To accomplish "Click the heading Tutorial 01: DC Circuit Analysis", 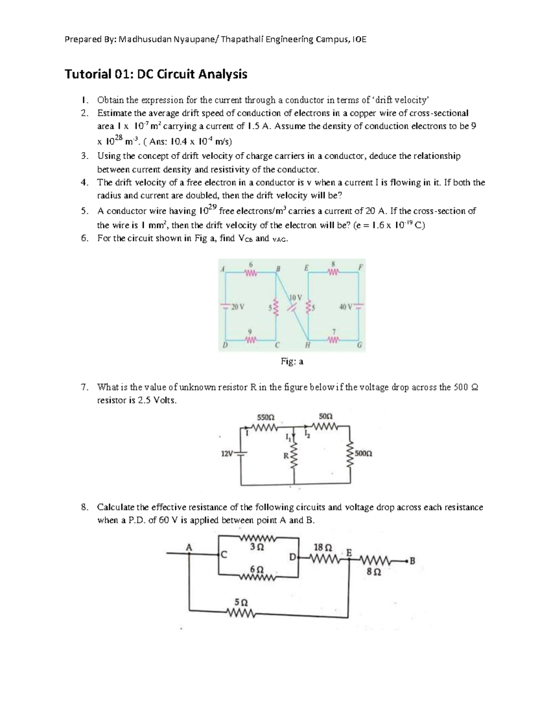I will tap(156, 74).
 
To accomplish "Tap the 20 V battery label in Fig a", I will tap(238, 307).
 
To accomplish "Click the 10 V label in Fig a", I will tap(295, 297).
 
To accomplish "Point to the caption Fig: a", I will tap(292, 361).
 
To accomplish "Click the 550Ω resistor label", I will tap(265, 417).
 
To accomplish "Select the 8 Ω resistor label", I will tap(374, 573).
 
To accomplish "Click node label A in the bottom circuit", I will tap(188, 546).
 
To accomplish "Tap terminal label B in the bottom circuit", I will tap(412, 561).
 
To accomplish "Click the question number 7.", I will tap(83, 387).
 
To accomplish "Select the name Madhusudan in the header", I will tap(145, 39).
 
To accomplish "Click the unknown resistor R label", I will tap(285, 456).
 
